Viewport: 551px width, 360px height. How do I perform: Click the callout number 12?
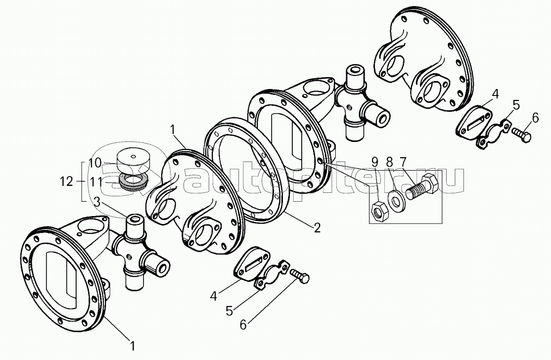coord(66,182)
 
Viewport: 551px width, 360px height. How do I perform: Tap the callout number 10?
coord(94,163)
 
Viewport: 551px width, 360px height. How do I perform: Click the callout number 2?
coord(317,228)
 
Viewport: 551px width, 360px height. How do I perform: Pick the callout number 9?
coord(375,162)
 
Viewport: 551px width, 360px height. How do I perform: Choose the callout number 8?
coord(389,162)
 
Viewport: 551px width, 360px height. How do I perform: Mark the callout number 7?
coord(402,162)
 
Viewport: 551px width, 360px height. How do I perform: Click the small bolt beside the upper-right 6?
coord(521,135)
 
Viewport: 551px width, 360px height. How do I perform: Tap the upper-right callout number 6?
coord(535,118)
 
